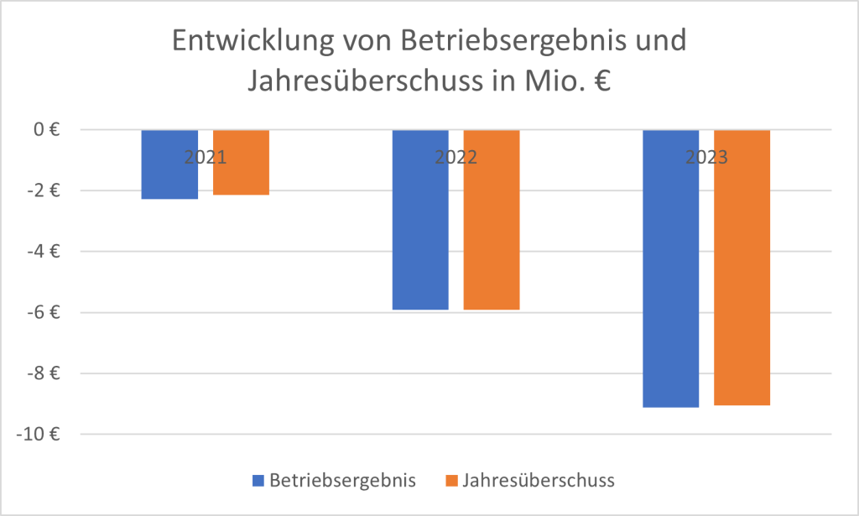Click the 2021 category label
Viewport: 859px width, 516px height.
206,157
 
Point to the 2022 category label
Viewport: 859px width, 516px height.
456,157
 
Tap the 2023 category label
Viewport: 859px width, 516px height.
705,157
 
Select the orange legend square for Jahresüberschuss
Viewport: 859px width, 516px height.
451,481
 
